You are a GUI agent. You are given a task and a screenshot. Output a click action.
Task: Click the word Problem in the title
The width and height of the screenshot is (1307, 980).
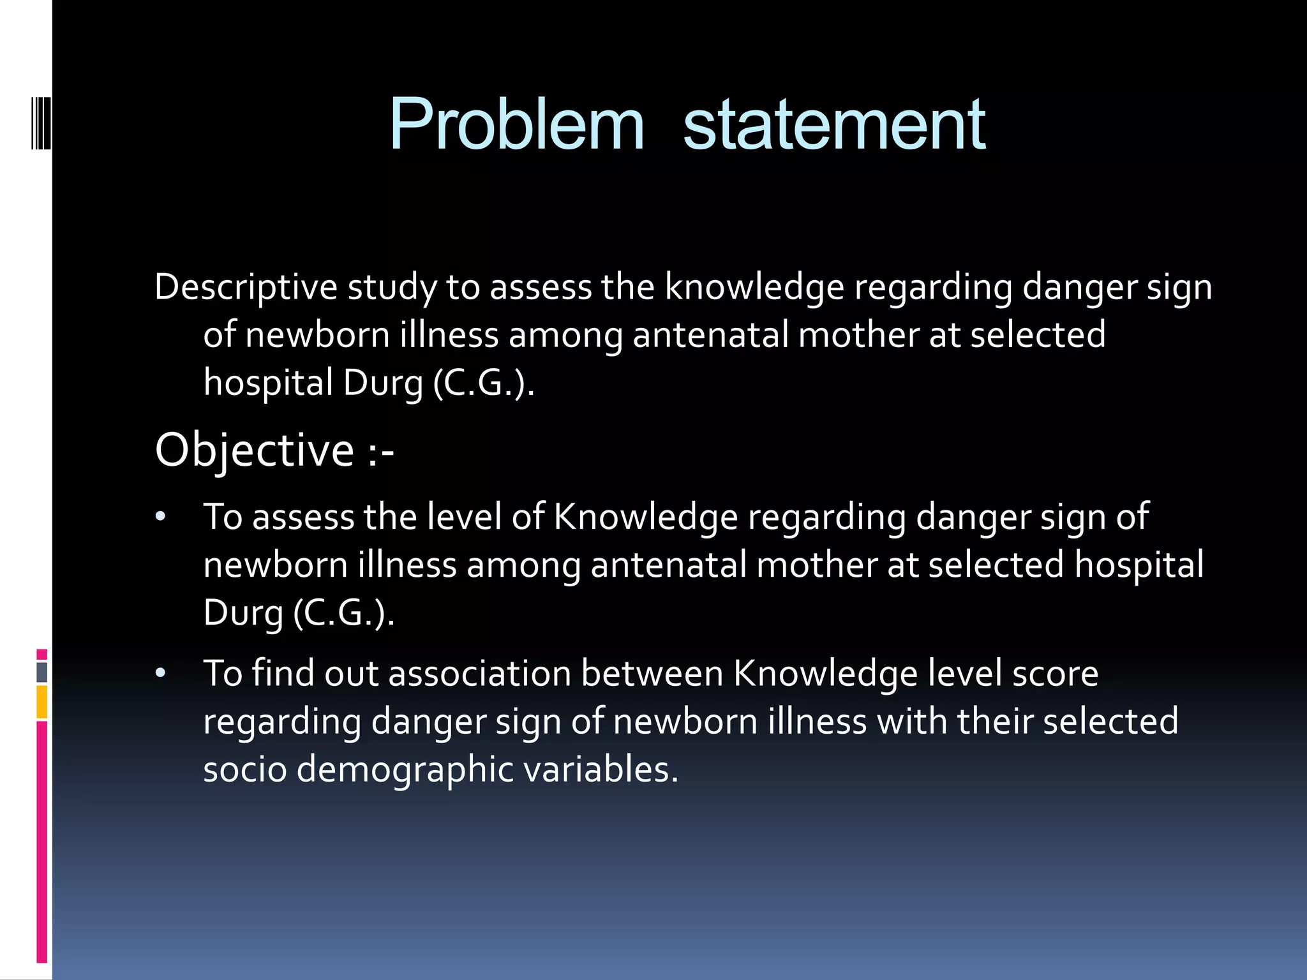coord(517,125)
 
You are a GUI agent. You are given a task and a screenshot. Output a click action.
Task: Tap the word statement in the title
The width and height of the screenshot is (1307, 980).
coord(834,125)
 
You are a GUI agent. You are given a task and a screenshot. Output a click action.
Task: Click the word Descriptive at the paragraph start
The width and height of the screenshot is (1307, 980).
coord(246,287)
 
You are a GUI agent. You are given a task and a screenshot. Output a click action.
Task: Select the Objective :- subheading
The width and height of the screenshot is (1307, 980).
coord(274,450)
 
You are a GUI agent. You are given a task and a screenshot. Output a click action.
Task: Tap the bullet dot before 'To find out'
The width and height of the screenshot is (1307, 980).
coord(160,673)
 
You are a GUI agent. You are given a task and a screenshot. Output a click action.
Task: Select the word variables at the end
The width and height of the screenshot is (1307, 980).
coord(601,769)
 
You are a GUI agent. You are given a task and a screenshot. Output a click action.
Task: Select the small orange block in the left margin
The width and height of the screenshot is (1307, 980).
coord(42,702)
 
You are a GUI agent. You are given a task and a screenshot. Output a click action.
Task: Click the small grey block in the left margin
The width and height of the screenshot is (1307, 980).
coord(42,672)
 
